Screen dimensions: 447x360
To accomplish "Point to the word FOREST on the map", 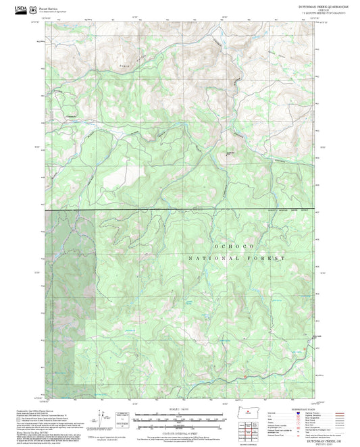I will (x=272, y=259).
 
